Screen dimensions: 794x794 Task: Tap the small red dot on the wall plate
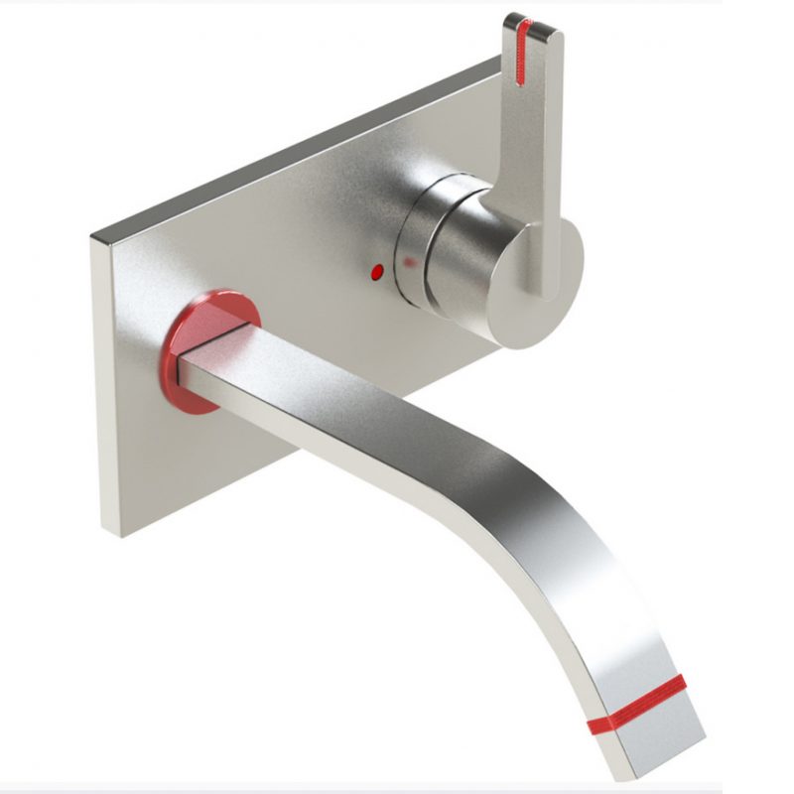[376, 269]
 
